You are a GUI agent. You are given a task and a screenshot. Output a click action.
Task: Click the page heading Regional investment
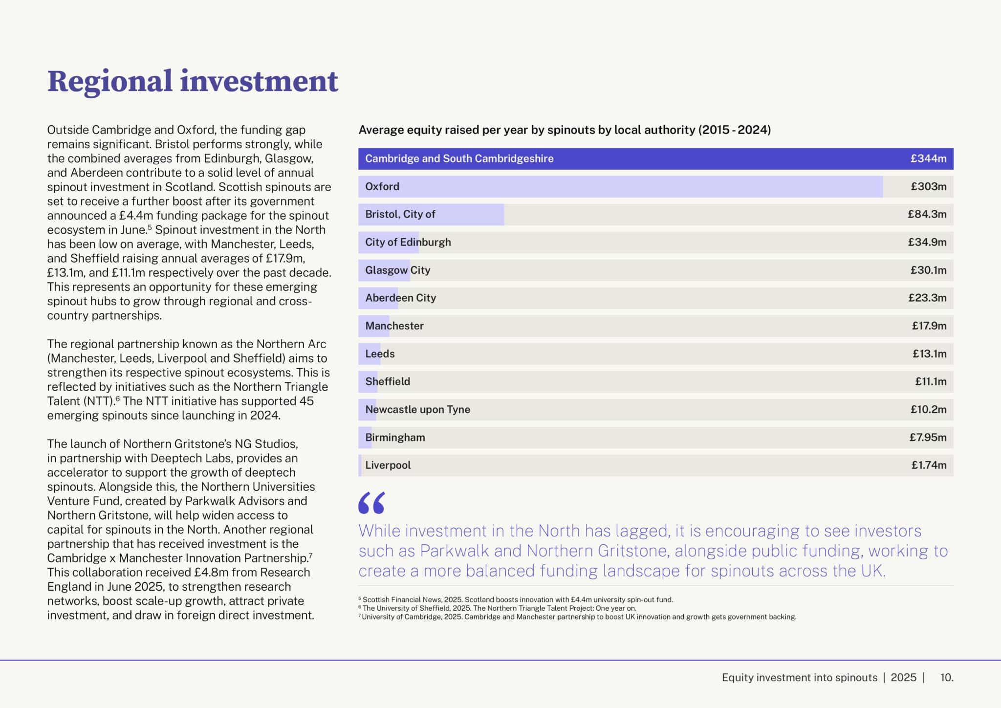tap(193, 81)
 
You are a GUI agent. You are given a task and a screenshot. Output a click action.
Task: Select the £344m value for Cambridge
tap(928, 158)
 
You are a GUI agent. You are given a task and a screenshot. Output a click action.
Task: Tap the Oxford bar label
tap(382, 186)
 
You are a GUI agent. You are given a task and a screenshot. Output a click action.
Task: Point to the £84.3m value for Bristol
tap(927, 214)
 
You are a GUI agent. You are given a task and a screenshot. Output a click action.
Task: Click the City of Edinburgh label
tap(408, 242)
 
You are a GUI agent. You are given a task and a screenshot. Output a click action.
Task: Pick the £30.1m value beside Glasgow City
tap(928, 270)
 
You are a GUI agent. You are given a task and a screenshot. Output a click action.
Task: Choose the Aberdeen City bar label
tap(400, 298)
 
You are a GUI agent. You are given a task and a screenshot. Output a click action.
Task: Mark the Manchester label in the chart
tap(394, 326)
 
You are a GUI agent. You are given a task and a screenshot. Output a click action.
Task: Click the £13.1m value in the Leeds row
tap(929, 354)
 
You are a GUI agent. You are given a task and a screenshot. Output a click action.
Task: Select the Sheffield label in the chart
tap(388, 381)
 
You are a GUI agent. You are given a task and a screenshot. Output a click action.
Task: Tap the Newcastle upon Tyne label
tap(417, 409)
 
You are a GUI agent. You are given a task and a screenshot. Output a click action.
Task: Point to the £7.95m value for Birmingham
tap(928, 437)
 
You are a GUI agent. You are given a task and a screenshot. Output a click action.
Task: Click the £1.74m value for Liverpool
tap(929, 465)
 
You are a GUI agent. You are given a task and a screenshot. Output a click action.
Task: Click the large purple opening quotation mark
tap(371, 503)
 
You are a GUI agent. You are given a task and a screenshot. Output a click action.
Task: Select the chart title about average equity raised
tap(565, 130)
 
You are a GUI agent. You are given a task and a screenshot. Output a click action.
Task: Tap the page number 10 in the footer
tap(946, 677)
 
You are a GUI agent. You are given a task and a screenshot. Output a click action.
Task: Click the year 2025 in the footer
tap(903, 677)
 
